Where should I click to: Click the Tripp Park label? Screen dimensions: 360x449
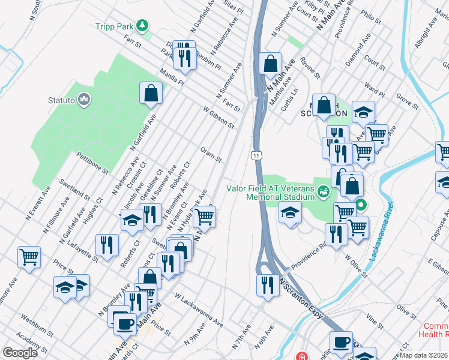click(x=114, y=26)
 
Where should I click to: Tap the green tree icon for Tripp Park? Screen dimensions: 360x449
click(x=142, y=25)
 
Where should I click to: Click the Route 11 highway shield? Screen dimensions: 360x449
click(x=256, y=155)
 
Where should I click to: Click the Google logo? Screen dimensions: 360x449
click(x=20, y=353)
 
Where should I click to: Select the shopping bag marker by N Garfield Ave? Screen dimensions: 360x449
click(x=151, y=93)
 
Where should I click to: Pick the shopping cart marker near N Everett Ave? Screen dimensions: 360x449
click(x=29, y=257)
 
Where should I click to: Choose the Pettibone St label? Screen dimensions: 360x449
click(x=92, y=163)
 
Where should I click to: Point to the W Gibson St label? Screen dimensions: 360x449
click(x=218, y=118)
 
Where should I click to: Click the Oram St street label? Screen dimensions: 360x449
click(x=211, y=155)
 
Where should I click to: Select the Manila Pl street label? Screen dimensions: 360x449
click(x=171, y=77)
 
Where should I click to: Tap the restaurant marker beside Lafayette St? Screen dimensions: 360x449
click(x=107, y=245)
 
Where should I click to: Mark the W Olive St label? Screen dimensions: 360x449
click(x=355, y=266)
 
